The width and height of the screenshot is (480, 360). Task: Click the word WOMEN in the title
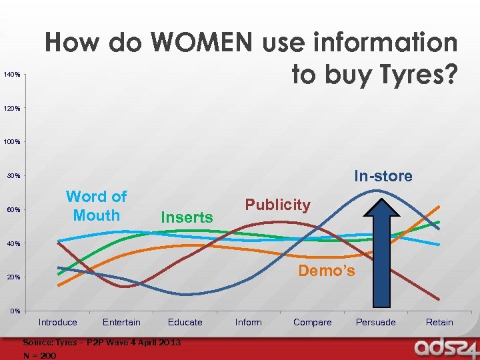click(202, 43)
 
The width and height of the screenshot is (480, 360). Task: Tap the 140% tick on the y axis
click(11, 74)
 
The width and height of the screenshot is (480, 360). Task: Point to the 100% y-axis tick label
click(11, 142)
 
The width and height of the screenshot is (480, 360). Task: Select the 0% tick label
click(14, 311)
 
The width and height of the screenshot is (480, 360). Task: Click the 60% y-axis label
click(13, 210)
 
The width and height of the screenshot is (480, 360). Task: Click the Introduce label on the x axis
click(58, 323)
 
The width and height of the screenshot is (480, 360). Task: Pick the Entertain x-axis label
click(121, 323)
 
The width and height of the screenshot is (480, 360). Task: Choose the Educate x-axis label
click(185, 323)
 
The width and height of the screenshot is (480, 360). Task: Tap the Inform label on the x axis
click(249, 323)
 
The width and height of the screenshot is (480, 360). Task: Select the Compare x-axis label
click(312, 323)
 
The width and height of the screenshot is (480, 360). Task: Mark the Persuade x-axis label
click(375, 323)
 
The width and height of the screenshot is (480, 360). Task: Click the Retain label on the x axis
click(439, 323)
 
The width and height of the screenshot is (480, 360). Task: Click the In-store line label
click(383, 177)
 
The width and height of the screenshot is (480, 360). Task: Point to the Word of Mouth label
click(96, 206)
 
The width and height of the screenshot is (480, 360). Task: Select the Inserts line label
click(187, 217)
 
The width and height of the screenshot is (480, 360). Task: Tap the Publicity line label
click(277, 205)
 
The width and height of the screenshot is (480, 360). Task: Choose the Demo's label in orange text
click(326, 271)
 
